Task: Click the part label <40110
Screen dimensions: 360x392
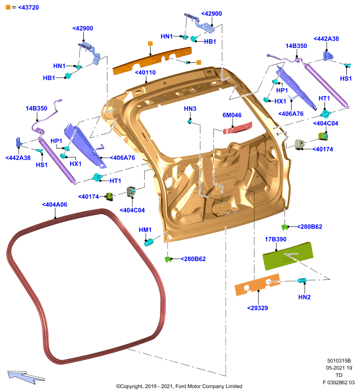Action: click(145, 73)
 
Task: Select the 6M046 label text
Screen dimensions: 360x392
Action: click(232, 115)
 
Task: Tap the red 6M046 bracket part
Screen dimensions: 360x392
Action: click(237, 128)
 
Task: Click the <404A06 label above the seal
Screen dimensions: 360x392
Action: click(55, 204)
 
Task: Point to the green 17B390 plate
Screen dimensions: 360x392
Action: click(288, 255)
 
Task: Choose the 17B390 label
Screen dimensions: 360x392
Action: click(276, 239)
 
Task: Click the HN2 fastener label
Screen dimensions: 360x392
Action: click(304, 297)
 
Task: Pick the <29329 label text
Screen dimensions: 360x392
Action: click(257, 308)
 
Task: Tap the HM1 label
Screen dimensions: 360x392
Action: click(145, 230)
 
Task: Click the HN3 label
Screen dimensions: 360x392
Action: click(190, 109)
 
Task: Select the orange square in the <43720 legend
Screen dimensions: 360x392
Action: click(8, 7)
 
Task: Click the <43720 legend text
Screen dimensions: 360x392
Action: click(28, 7)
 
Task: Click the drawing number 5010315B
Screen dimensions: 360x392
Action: click(339, 361)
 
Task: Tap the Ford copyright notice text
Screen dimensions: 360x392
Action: click(179, 386)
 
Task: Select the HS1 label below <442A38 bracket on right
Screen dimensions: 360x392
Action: click(346, 78)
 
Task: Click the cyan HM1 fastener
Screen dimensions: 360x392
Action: click(149, 242)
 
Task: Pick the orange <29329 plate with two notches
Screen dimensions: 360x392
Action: click(257, 285)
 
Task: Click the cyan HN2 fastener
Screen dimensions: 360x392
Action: click(302, 280)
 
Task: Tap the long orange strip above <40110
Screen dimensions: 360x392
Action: click(152, 61)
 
